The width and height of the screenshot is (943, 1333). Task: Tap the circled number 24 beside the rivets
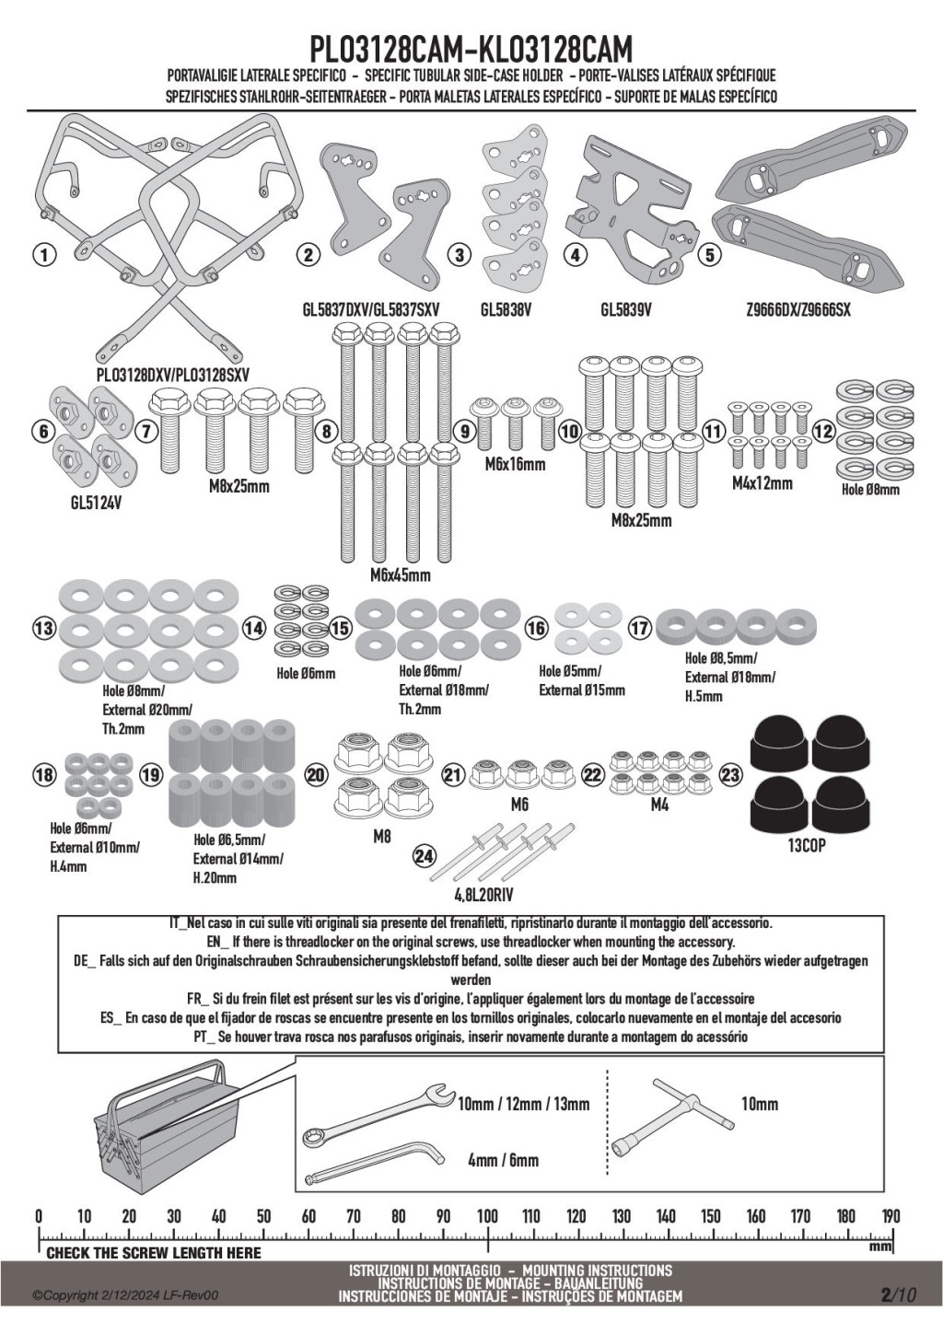[x=424, y=857]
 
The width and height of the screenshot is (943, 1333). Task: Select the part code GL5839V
[x=625, y=311]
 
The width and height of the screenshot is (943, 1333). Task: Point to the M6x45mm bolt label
[x=400, y=575]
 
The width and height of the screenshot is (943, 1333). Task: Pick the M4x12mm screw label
[x=762, y=483]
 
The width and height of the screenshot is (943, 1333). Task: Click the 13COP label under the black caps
[x=807, y=845]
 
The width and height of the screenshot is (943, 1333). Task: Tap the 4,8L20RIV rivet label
[x=483, y=894]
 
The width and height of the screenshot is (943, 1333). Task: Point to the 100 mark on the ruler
[x=487, y=1216]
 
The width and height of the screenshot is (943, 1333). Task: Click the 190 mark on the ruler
[x=891, y=1216]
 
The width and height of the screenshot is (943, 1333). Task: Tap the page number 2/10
[x=898, y=1295]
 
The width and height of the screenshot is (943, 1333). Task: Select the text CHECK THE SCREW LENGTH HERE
[x=154, y=1253]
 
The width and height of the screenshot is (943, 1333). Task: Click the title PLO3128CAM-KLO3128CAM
[x=471, y=48]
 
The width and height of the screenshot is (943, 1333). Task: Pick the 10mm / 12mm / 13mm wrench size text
[x=523, y=1104]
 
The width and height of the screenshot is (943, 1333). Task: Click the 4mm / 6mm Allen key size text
[x=503, y=1161]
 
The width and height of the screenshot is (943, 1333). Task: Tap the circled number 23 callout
[x=729, y=776]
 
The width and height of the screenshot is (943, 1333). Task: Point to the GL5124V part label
[x=97, y=504]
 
